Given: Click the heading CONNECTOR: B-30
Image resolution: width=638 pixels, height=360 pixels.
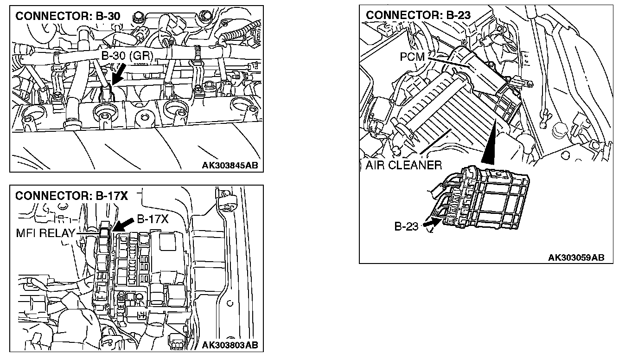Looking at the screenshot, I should tap(68, 16).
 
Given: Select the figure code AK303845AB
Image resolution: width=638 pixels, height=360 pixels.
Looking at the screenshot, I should tap(230, 165).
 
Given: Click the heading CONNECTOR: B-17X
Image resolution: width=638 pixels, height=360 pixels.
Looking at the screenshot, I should tap(71, 196).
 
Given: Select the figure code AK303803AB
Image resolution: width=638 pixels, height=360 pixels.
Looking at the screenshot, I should tap(230, 345).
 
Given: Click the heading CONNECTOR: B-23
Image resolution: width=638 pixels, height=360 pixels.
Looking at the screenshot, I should tap(418, 15).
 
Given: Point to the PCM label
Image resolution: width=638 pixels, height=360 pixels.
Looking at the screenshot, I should tap(412, 57).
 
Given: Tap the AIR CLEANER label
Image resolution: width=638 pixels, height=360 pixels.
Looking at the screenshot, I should tap(403, 165).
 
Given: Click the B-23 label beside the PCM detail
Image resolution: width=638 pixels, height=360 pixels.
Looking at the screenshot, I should tap(407, 226).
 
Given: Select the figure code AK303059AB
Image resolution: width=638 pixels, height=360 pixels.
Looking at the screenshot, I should tap(576, 257).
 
